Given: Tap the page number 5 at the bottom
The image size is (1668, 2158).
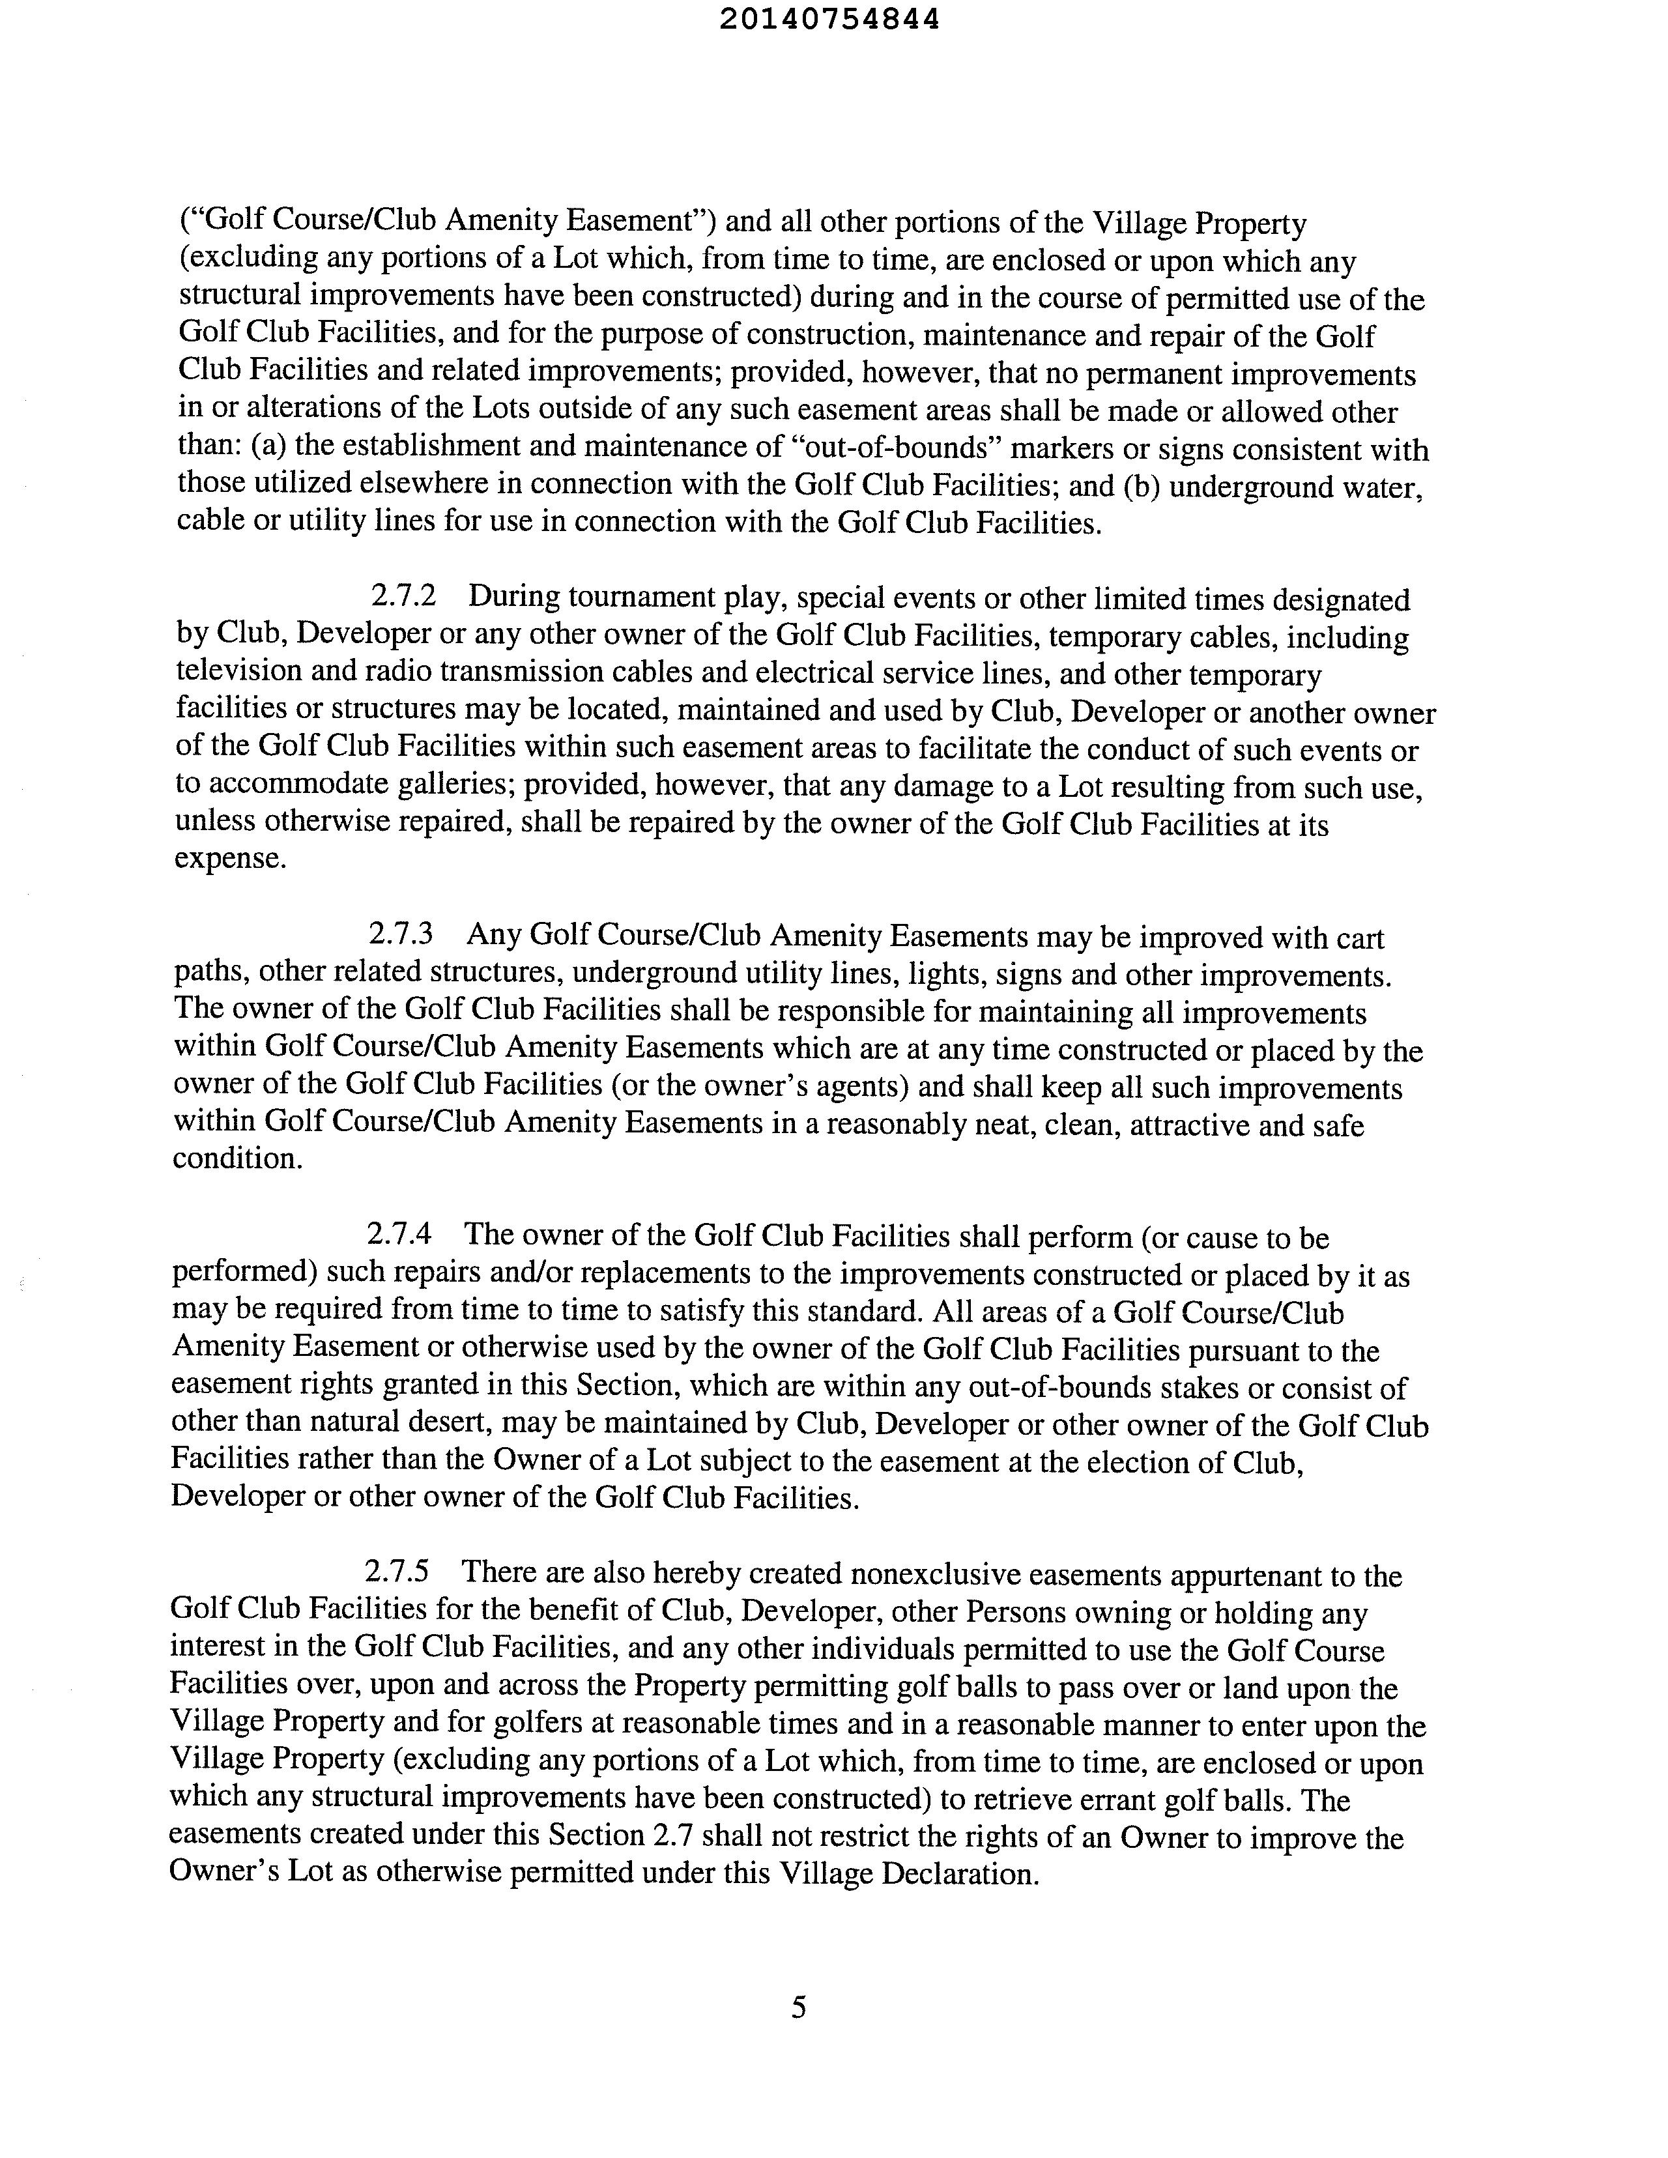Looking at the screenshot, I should [798, 2007].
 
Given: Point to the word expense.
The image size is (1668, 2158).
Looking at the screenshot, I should [230, 859].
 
